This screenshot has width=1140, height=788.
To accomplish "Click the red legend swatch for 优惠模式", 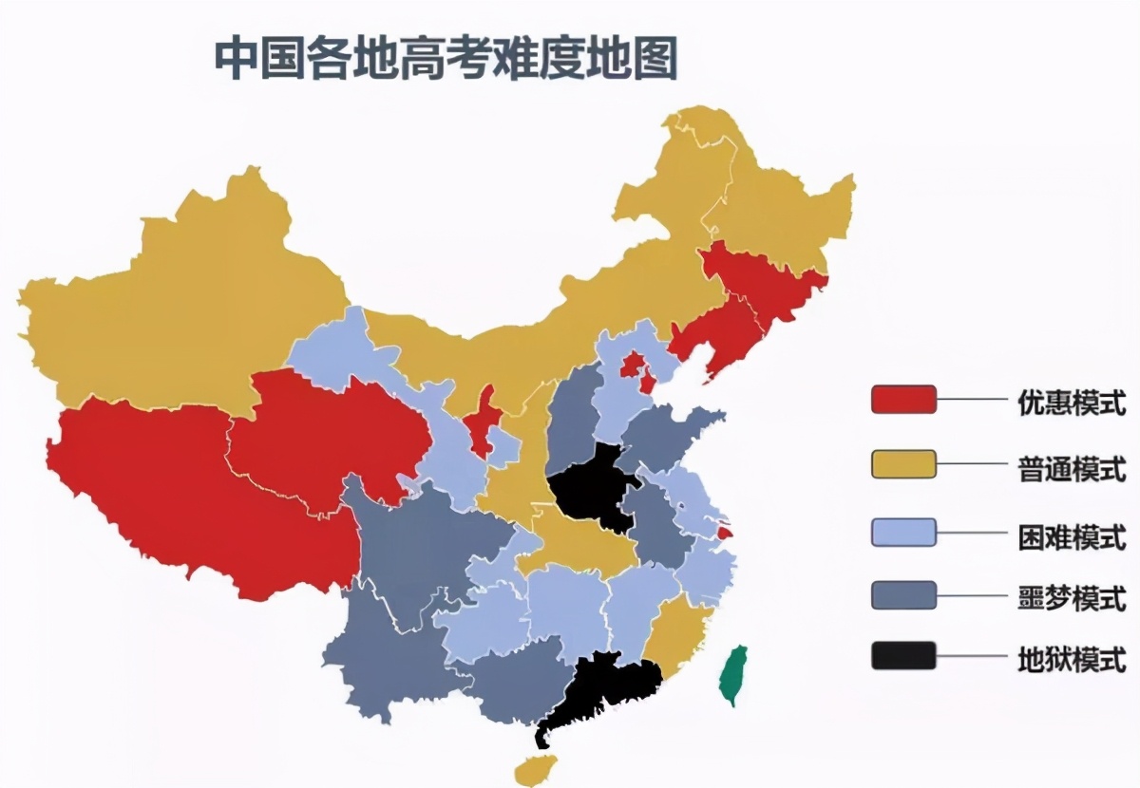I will [903, 400].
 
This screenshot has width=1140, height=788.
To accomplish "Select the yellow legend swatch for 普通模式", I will [903, 464].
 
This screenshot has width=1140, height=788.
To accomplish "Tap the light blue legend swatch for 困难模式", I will [903, 532].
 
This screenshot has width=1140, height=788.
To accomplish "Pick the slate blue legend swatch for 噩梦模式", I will [903, 595].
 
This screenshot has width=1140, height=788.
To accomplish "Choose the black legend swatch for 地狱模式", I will [903, 656].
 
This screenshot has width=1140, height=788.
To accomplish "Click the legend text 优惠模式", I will [1072, 403].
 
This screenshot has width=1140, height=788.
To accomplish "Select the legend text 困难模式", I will [1072, 535].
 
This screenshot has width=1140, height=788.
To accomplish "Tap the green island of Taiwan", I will [734, 673].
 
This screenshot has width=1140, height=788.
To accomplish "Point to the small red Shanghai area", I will [725, 534].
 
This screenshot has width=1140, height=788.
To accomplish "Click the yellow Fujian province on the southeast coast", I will [676, 631].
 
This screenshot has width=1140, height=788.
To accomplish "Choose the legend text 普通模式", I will [1072, 469].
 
